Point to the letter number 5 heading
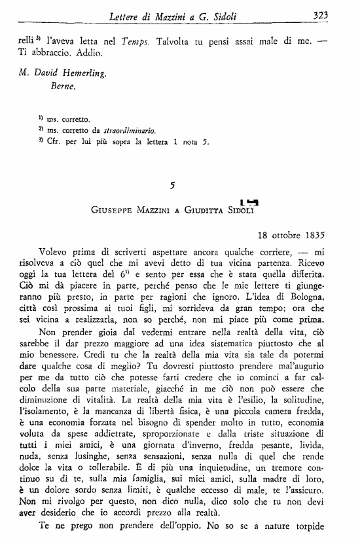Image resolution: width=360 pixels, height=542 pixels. coord(171,185)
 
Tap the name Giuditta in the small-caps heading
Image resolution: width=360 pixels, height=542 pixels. coord(209,211)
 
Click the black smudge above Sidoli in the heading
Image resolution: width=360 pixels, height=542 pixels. coord(249,201)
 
